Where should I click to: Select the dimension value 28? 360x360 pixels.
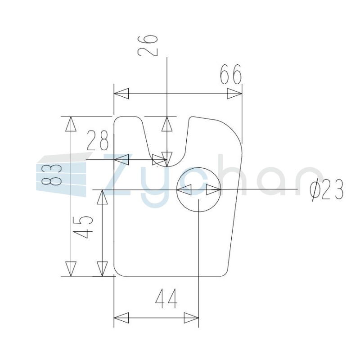coord(98,140)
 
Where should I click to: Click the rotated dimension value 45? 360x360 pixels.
coord(85,227)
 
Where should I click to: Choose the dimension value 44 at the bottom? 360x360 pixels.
coord(166,298)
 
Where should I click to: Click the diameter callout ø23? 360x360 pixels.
coord(327,189)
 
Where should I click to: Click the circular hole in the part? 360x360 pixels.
coord(198,189)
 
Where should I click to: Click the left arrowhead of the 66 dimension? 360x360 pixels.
coord(121,94)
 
